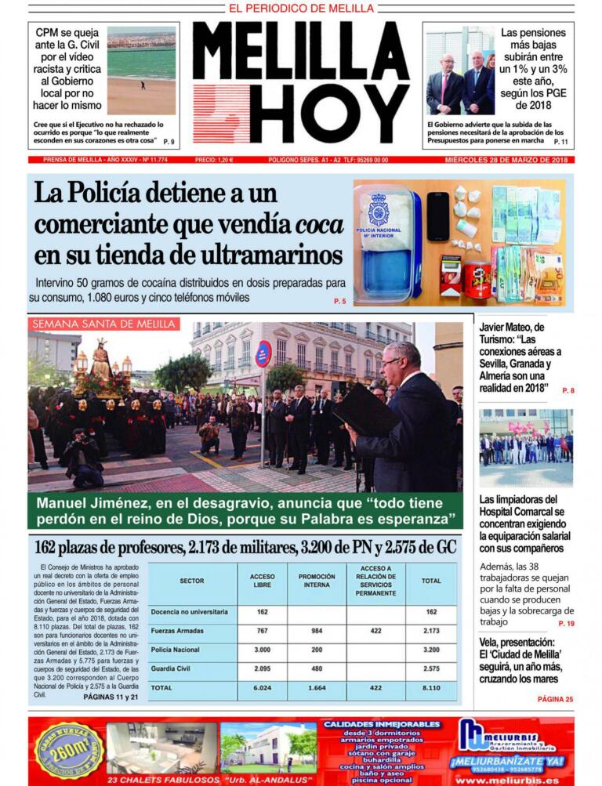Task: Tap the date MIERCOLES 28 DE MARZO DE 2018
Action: pos(506,160)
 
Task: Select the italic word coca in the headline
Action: pos(320,225)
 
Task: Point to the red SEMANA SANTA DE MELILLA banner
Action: pos(103,324)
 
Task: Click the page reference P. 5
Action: pos(339,301)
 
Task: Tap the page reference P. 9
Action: pos(169,142)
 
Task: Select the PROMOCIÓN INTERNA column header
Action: pos(317,581)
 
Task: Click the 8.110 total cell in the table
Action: pos(430,687)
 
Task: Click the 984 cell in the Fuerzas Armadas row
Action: pos(317,630)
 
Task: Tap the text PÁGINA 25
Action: pos(555,699)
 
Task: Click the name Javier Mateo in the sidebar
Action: pos(511,328)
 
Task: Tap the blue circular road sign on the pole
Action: pos(263,353)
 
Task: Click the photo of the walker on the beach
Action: pos(141,71)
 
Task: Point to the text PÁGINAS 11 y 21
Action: pos(110,696)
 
